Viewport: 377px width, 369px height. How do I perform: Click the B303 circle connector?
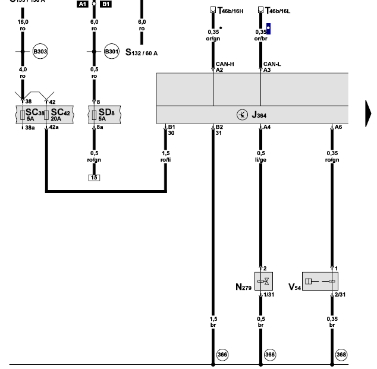pos(40,52)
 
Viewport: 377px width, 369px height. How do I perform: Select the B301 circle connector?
pos(112,52)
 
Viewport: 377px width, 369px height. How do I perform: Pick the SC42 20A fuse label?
pos(60,112)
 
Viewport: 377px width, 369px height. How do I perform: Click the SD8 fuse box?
pos(104,114)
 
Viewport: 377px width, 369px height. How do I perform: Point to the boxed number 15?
pos(94,178)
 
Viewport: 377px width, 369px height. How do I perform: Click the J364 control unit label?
pos(258,115)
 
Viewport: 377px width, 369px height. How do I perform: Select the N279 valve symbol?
pos(262,281)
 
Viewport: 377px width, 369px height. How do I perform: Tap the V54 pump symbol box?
pos(319,281)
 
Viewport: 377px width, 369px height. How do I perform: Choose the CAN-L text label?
pos(271,63)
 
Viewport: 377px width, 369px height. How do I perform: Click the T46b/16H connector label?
pos(226,11)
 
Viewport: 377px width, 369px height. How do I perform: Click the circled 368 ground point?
pos(341,355)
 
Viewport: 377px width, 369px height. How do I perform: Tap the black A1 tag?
pos(83,4)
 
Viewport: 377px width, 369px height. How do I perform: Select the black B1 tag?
pos(105,4)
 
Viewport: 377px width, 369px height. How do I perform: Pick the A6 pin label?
pos(338,127)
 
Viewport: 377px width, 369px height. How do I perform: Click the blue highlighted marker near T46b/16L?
pos(268,27)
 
